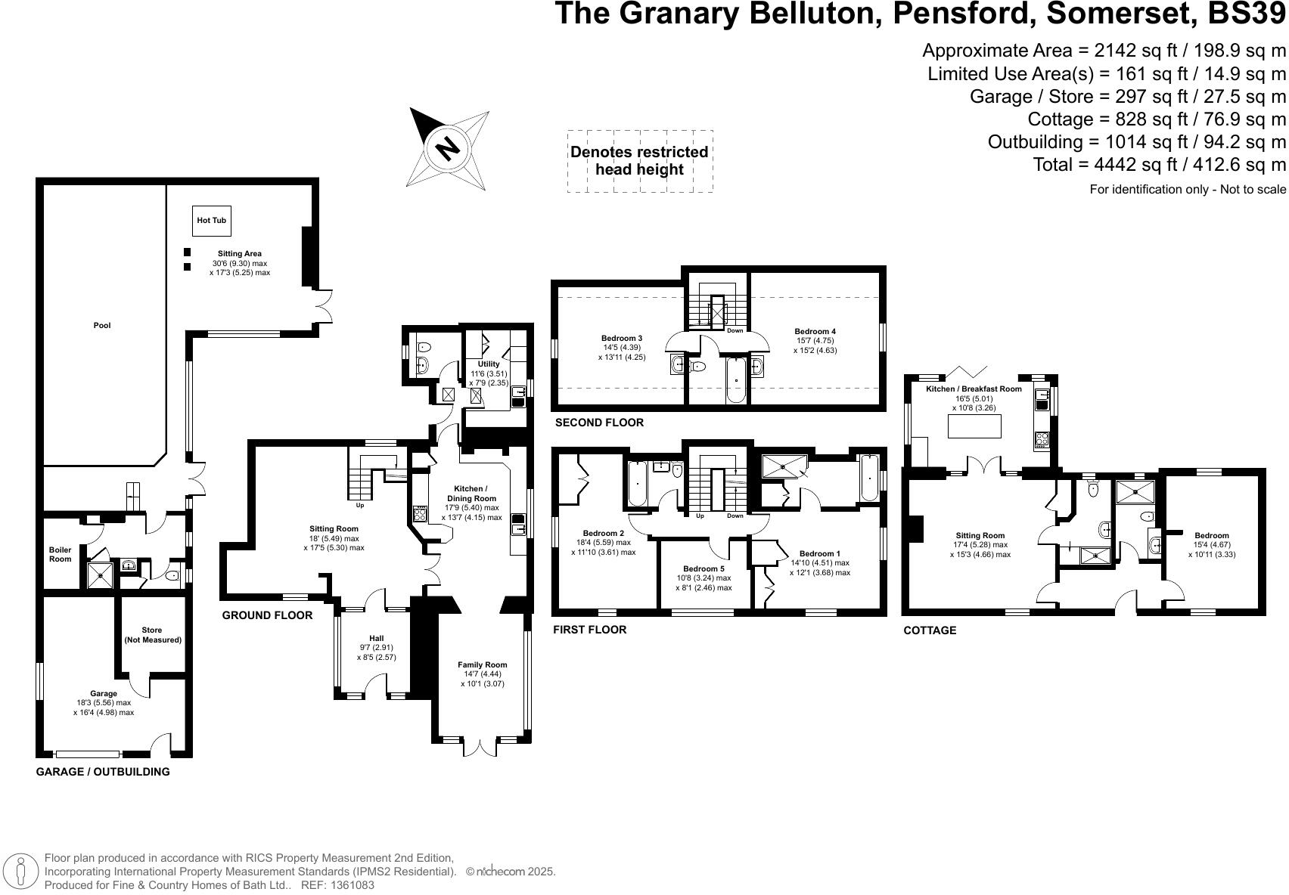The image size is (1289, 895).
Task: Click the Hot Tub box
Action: pyautogui.click(x=212, y=221)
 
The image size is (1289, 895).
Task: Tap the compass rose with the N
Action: pyautogui.click(x=448, y=148)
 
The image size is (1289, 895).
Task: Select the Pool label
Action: pyautogui.click(x=102, y=326)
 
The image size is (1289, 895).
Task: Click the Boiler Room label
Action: pyautogui.click(x=61, y=554)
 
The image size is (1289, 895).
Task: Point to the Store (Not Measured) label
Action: pyautogui.click(x=153, y=635)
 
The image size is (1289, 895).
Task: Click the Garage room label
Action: pyautogui.click(x=104, y=693)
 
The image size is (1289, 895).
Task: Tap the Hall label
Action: pyautogui.click(x=377, y=639)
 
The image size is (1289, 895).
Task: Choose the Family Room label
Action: pyautogui.click(x=482, y=665)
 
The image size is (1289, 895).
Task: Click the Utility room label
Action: pyautogui.click(x=489, y=364)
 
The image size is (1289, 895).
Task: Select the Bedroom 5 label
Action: pyautogui.click(x=704, y=569)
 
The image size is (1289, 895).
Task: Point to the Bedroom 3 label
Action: pyautogui.click(x=622, y=338)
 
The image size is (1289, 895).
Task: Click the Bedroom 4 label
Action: pyautogui.click(x=815, y=331)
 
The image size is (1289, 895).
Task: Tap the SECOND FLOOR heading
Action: pyautogui.click(x=599, y=423)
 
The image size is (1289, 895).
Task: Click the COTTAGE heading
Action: pyautogui.click(x=930, y=630)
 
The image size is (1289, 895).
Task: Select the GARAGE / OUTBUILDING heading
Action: pyautogui.click(x=103, y=772)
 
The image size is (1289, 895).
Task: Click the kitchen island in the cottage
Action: pyautogui.click(x=974, y=426)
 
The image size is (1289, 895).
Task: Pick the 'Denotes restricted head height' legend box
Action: pyautogui.click(x=640, y=161)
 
